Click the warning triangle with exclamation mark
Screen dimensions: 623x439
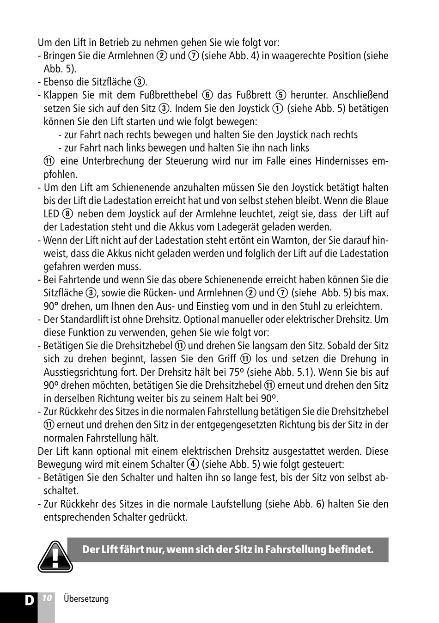pos(55,556)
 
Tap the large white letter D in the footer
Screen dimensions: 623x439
pos(29,600)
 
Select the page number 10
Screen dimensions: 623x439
pos(46,598)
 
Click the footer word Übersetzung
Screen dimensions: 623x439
pos(86,599)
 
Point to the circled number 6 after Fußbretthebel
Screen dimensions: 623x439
pos(207,95)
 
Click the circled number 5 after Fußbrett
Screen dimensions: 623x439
pos(280,95)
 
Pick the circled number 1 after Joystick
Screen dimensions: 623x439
pos(277,109)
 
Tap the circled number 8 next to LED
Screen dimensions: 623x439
pos(67,214)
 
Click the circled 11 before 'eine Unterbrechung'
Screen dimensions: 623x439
pos(49,161)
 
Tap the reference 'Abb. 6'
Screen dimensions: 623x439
pos(308,504)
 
